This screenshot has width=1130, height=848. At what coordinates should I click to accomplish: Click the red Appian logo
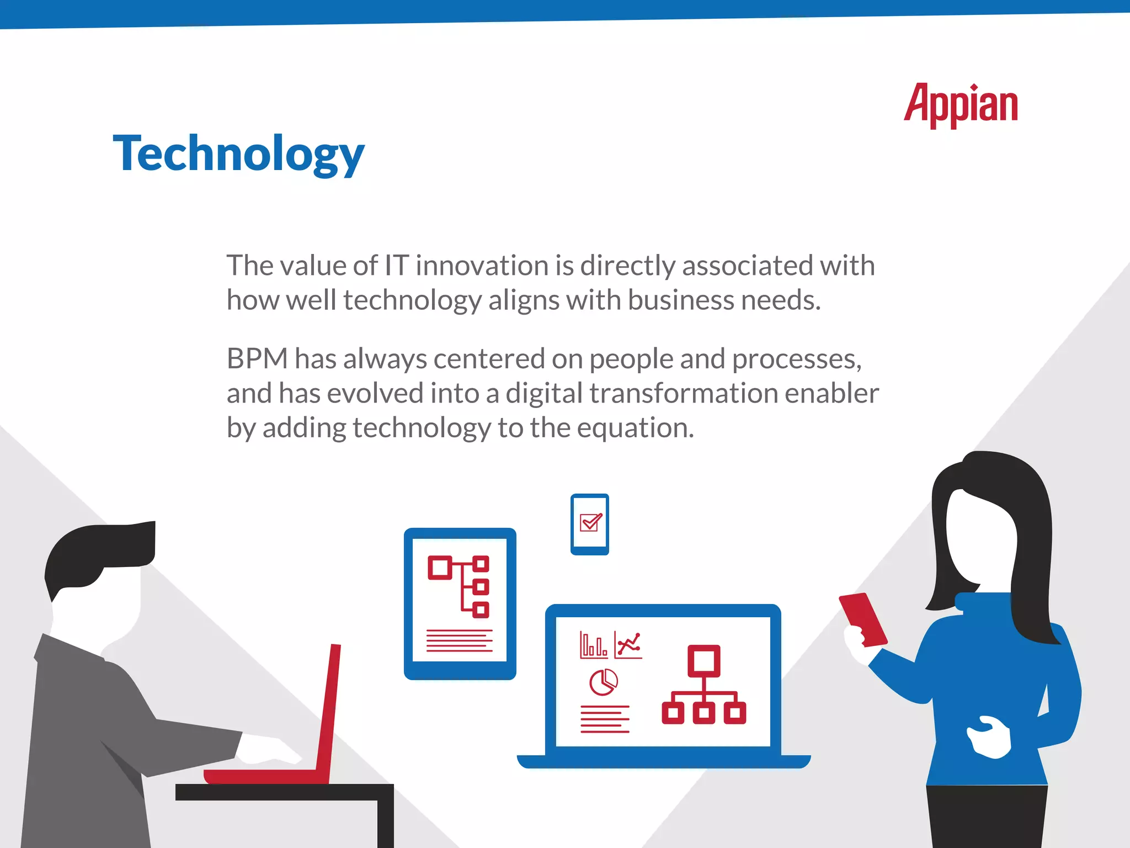tap(961, 105)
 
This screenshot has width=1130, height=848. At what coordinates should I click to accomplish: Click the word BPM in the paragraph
tap(257, 359)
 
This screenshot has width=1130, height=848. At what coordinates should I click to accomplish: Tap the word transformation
tap(683, 394)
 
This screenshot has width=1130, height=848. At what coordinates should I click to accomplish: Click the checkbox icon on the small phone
tap(590, 522)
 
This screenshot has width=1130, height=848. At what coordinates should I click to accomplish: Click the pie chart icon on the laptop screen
tap(603, 682)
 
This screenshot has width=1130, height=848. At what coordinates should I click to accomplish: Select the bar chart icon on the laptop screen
tap(593, 645)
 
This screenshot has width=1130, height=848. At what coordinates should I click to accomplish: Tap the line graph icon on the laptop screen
tap(628, 645)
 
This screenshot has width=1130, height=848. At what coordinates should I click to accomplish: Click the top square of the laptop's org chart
tap(703, 660)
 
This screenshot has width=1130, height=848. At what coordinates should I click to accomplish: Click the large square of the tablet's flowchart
tap(440, 568)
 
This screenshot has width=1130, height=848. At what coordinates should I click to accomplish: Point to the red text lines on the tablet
tap(459, 640)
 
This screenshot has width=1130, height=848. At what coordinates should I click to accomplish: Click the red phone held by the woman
tap(863, 618)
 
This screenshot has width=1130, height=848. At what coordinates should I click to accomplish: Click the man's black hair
tap(99, 552)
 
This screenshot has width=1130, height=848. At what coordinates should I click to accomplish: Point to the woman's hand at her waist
tap(990, 737)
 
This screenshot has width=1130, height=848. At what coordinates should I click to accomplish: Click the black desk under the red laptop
tap(284, 792)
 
